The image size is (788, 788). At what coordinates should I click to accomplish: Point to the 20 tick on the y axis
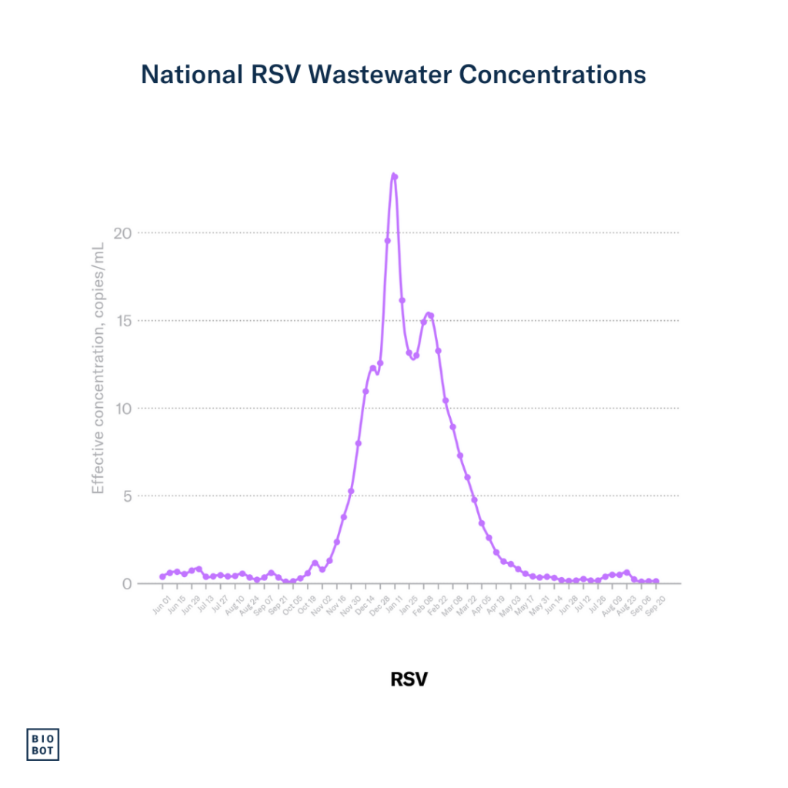coord(123,232)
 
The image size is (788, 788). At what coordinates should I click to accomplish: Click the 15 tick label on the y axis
coord(123,320)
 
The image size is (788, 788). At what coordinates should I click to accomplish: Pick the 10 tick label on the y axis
coord(123,408)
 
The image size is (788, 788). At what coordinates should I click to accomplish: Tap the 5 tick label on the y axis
coord(127,496)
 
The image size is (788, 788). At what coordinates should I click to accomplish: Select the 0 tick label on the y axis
coord(127,583)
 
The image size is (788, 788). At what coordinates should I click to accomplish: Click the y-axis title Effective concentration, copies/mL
coord(98,368)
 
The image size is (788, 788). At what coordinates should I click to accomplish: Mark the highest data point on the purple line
coord(395,176)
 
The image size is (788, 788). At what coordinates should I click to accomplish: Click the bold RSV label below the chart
coord(409,679)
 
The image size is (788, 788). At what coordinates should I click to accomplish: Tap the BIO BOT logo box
coord(43,743)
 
